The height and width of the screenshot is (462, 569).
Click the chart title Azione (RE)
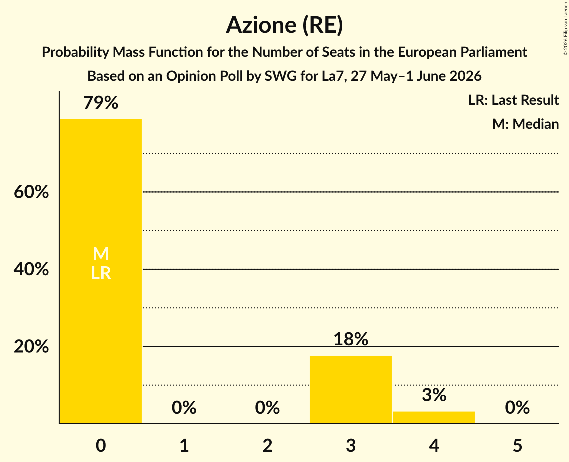point(285,25)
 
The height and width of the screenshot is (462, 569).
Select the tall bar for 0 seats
point(101,271)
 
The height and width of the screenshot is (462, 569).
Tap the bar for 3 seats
point(351,389)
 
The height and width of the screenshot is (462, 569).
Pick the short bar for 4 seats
point(434,417)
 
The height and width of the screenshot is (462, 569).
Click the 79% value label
point(101,103)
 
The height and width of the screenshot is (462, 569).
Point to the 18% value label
point(351,339)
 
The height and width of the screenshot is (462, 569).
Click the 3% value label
point(434,395)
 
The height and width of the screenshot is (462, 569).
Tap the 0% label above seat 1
point(184,407)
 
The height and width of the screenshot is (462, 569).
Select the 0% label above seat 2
point(267,407)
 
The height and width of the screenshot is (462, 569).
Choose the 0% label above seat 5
point(517,407)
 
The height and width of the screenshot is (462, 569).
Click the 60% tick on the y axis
point(31,192)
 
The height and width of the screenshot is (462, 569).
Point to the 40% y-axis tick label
point(31,269)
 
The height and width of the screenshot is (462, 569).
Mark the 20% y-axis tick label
point(31,347)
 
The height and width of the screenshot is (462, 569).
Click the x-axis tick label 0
point(101,445)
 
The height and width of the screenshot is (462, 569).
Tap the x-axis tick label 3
point(351,445)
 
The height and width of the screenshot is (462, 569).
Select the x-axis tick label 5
point(517,445)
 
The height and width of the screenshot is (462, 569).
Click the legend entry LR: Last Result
point(513,100)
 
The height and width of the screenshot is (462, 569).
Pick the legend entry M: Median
point(525,124)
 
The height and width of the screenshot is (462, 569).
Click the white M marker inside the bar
point(101,254)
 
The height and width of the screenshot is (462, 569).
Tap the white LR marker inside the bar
point(101,273)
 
